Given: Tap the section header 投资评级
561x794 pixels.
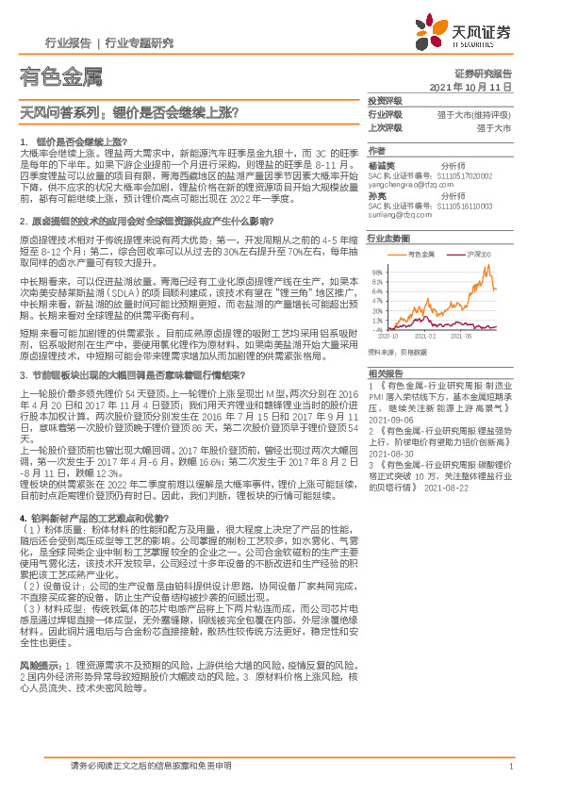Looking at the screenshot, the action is (384, 100).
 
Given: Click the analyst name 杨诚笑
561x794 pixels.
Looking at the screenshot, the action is (381, 165).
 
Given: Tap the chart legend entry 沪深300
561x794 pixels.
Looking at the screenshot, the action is (475, 255).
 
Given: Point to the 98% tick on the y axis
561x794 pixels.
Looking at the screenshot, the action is (376, 272).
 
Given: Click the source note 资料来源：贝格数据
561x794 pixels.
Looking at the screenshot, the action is (398, 352).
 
